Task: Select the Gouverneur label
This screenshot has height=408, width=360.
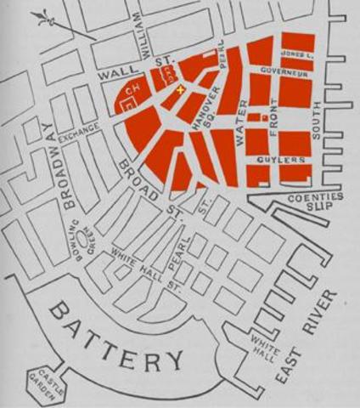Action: [x=284, y=73]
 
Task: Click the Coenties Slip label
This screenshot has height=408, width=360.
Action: [x=316, y=202]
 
